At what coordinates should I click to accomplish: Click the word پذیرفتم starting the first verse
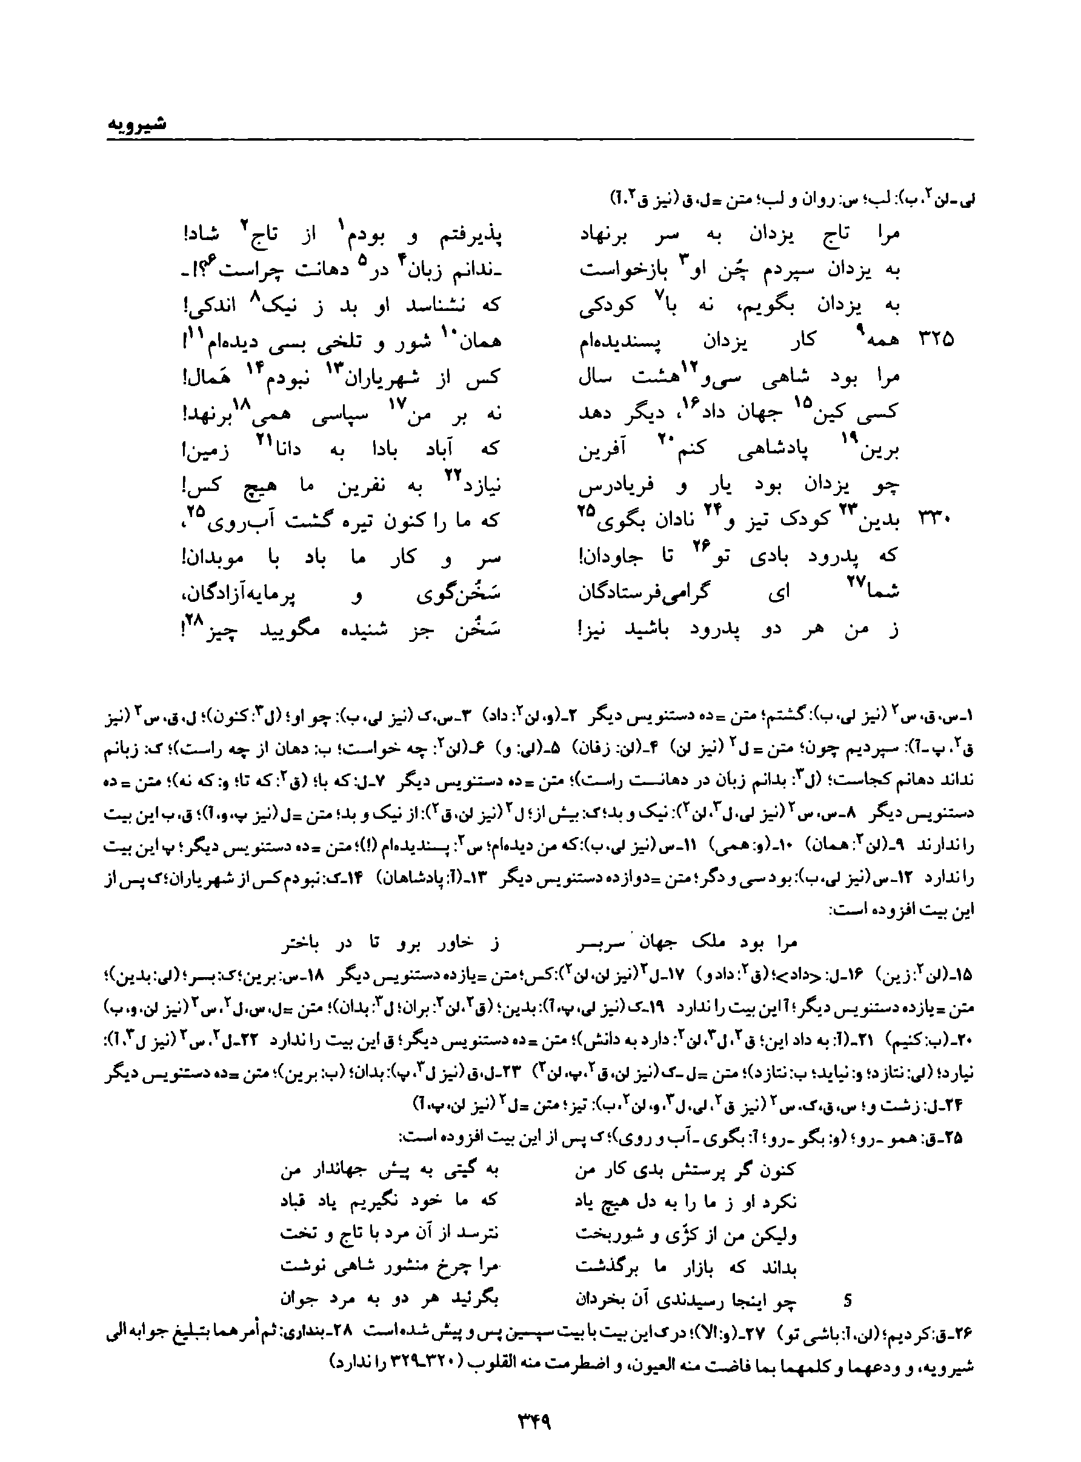coord(467,233)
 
